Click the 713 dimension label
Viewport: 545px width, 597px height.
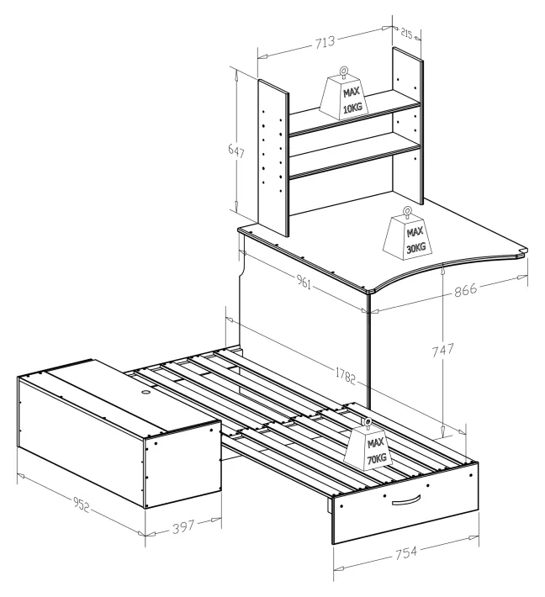click(x=325, y=41)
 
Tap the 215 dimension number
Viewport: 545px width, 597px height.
click(x=406, y=34)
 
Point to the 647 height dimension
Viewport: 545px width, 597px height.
click(x=236, y=151)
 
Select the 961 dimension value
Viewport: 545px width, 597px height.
click(x=304, y=282)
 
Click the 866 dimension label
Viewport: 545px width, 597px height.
click(x=465, y=290)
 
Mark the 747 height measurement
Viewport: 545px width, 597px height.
click(x=442, y=350)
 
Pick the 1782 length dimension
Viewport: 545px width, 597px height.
click(x=346, y=376)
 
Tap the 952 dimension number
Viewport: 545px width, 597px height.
click(x=81, y=505)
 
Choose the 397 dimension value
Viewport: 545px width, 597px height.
click(x=183, y=527)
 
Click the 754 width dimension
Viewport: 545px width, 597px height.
click(x=406, y=552)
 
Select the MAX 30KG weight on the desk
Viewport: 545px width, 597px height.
click(x=408, y=234)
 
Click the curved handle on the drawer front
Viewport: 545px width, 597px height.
click(x=406, y=500)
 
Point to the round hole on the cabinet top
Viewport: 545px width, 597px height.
click(x=146, y=392)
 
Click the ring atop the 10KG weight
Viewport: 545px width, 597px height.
click(x=344, y=71)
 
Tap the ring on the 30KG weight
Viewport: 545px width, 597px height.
click(x=408, y=211)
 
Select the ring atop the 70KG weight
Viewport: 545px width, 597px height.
click(x=368, y=421)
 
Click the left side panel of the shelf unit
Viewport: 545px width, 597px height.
click(x=273, y=158)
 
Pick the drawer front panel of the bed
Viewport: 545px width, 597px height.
click(x=406, y=504)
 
